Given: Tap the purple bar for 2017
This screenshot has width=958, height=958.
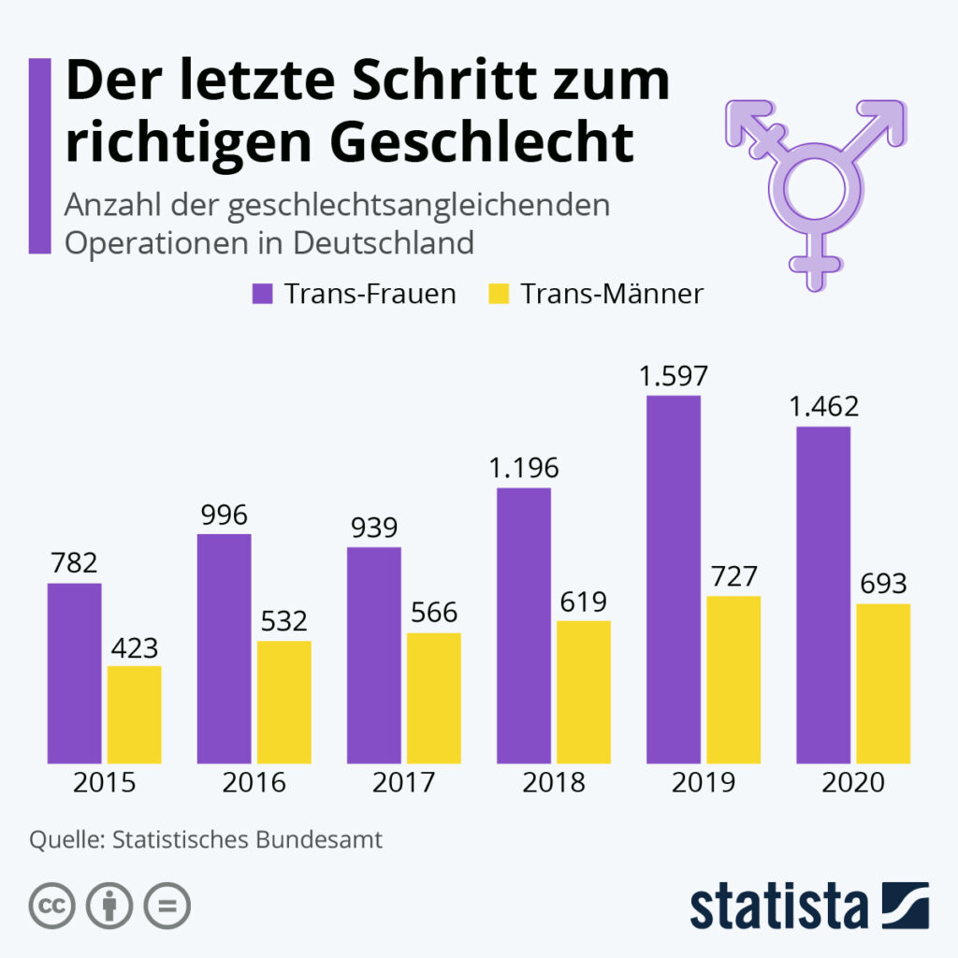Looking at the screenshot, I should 373,654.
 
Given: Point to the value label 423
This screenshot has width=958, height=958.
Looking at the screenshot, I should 134,646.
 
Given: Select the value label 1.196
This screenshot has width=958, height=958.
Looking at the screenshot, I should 523,469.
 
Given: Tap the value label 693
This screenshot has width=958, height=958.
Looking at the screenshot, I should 882,584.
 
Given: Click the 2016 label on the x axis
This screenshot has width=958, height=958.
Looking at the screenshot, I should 254,782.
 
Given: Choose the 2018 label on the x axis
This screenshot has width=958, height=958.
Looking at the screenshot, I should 553,782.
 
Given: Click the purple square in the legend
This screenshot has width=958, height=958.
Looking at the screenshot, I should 261,294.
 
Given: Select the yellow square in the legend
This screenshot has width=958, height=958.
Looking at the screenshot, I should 498,294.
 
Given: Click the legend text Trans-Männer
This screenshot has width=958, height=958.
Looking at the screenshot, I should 612,294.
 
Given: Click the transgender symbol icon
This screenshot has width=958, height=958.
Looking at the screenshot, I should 814,187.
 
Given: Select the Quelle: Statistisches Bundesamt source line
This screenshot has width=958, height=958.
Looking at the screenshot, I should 206,839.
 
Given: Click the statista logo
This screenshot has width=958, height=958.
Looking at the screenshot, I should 809,906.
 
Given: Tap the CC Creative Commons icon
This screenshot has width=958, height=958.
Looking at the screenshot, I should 52,905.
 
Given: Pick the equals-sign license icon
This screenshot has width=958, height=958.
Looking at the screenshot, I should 167,905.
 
